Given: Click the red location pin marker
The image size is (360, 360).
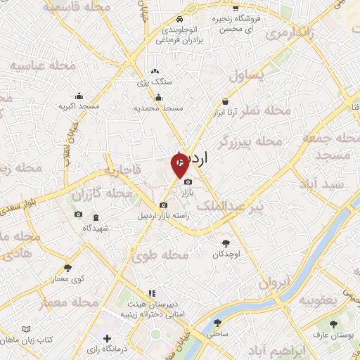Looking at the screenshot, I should (x=180, y=166).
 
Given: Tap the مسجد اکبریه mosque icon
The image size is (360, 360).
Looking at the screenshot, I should (x=79, y=96).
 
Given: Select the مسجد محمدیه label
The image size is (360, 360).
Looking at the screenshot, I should (x=159, y=108).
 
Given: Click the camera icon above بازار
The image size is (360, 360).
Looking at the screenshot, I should (x=187, y=183).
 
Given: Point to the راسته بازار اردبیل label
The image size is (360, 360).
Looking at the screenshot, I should (x=165, y=216).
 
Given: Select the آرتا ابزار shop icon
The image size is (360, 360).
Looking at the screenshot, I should (x=224, y=102).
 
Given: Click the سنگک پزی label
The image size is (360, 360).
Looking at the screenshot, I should (x=155, y=82).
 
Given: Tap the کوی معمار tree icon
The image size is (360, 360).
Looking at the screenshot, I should (x=68, y=268).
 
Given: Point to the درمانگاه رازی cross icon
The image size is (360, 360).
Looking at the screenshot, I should (x=107, y=339).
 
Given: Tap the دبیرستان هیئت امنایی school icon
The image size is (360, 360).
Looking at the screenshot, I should (x=150, y=294).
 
